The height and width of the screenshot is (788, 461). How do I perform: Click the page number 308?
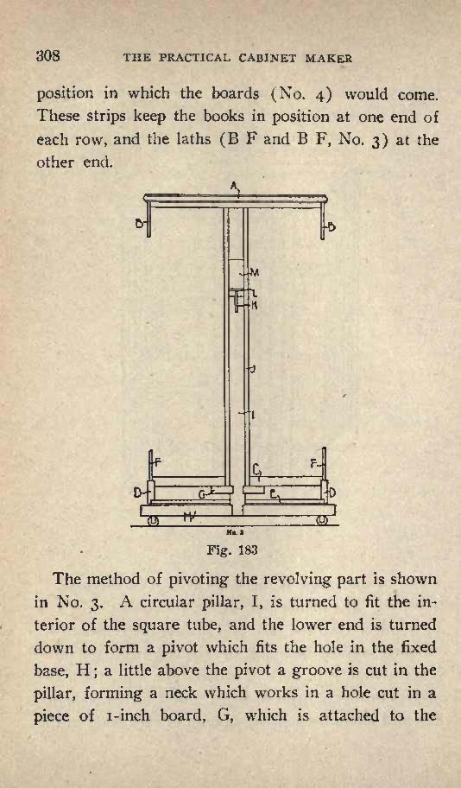47,55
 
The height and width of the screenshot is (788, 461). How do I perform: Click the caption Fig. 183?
232,550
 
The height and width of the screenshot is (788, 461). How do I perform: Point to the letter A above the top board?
234,186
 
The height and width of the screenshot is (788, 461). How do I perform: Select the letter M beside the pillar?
255,273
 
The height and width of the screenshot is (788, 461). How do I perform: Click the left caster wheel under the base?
152,521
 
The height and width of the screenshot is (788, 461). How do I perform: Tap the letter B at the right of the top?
332,227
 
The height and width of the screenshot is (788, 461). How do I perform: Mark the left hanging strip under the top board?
148,220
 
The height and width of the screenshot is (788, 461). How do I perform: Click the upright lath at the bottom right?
324,464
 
